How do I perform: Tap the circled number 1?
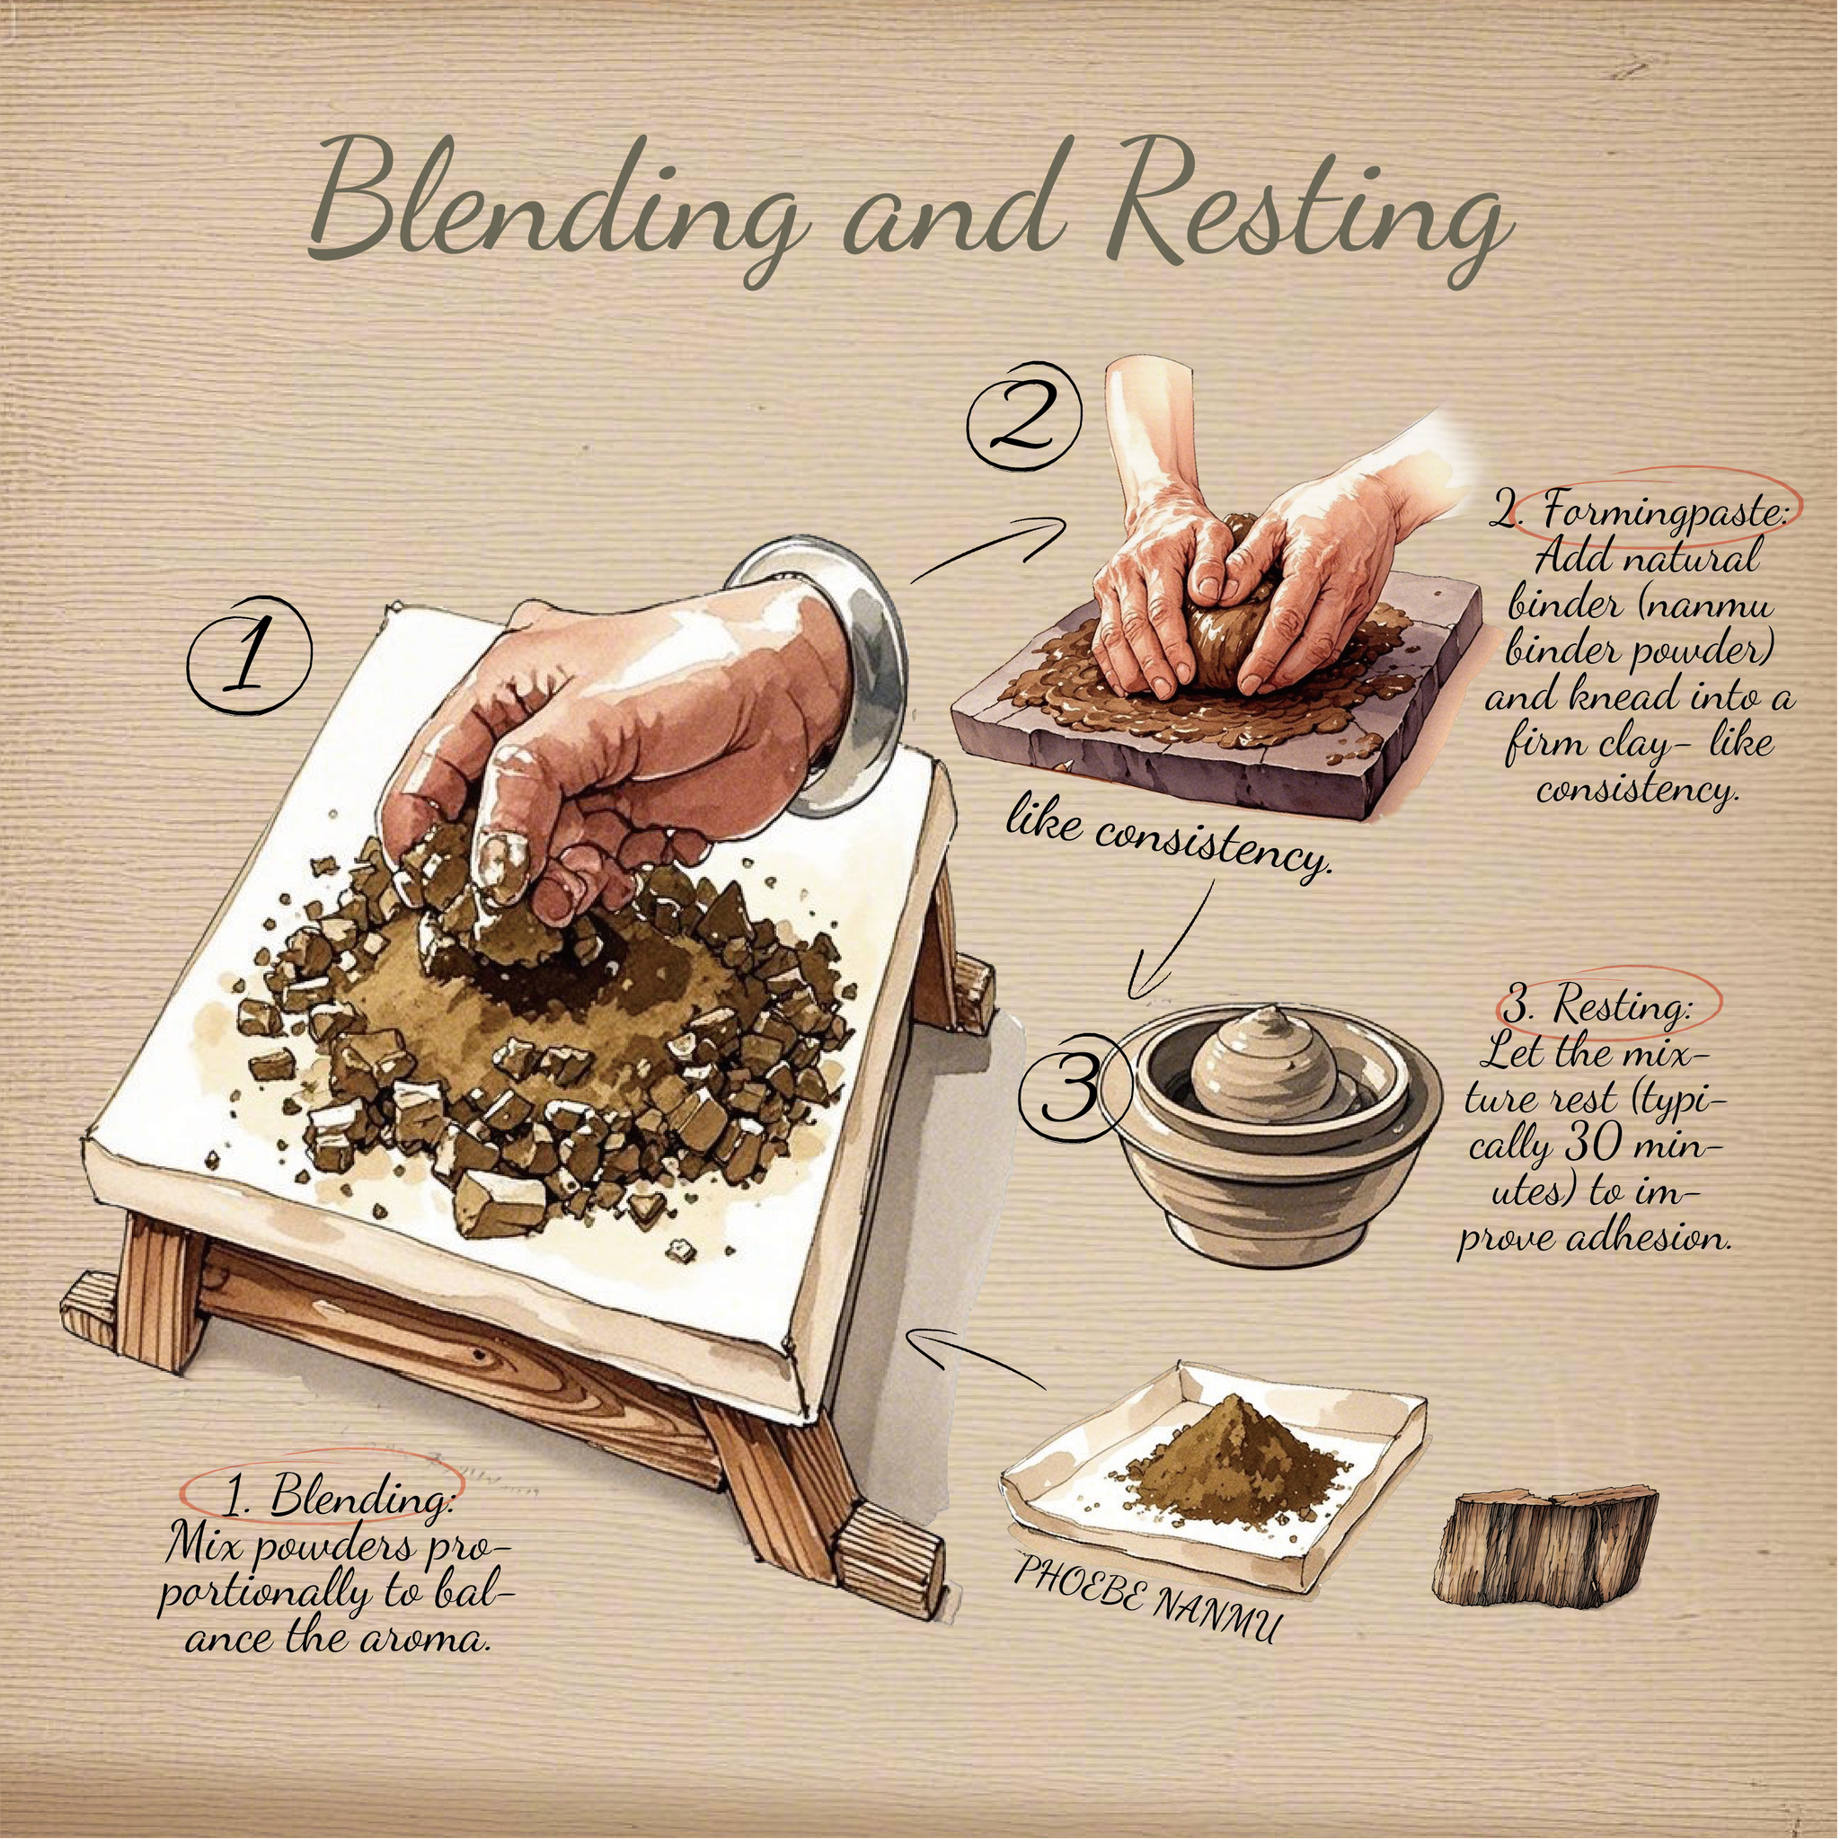click(250, 655)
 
